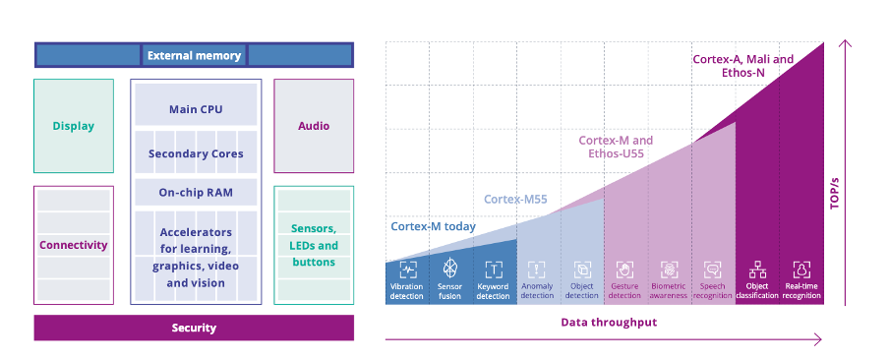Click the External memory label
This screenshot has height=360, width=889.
[194, 55]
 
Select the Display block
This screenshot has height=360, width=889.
[74, 126]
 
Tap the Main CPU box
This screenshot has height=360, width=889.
[196, 109]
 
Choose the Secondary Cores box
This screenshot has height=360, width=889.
[196, 153]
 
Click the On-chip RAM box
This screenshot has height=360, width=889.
[196, 193]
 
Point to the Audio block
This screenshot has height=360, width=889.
[314, 126]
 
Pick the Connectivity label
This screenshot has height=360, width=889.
[74, 245]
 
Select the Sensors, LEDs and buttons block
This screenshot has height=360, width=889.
[314, 245]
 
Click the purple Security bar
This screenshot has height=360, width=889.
[194, 328]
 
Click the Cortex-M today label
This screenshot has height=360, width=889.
[433, 226]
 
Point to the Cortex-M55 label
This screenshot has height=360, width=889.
[515, 200]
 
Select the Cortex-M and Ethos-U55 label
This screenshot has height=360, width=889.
[616, 148]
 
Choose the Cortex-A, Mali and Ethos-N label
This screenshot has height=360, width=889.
[742, 66]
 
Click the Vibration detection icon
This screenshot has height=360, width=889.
[407, 269]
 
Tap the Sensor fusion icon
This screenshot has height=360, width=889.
[450, 269]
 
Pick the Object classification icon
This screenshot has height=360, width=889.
[757, 269]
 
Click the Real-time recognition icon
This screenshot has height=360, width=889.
[801, 269]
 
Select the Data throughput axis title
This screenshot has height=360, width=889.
[609, 322]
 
